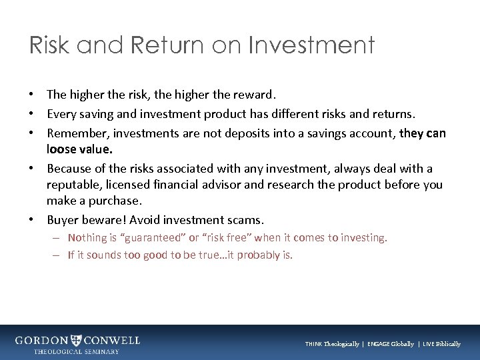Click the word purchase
click(x=117, y=201)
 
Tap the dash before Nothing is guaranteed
click(x=59, y=238)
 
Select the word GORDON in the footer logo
click(x=41, y=341)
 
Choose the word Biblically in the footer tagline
click(x=445, y=344)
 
